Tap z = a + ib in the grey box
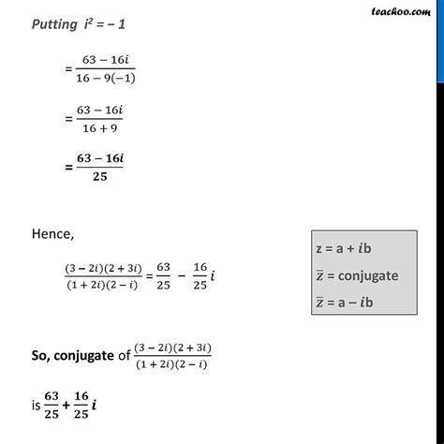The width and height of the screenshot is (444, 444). click(344, 251)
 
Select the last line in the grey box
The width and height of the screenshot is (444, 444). click(346, 302)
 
